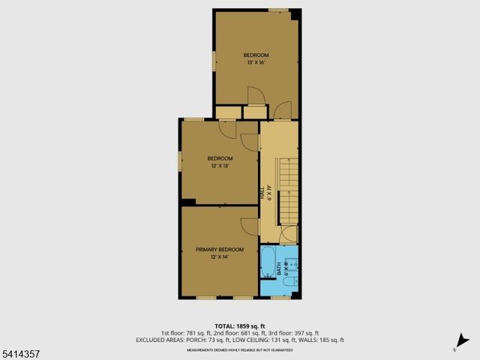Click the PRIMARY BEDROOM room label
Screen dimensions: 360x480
(220, 249)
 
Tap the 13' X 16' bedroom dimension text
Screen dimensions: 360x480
(256, 62)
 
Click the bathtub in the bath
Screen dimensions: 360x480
(268, 262)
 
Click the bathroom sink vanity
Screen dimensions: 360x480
(293, 262)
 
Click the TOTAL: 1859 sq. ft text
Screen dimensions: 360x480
(240, 326)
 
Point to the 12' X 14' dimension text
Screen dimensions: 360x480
(219, 256)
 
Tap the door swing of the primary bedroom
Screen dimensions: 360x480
(249, 226)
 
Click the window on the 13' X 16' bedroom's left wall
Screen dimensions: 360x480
(214, 61)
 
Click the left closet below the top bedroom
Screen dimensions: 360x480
(226, 112)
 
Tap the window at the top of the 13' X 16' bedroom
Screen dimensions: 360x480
(278, 10)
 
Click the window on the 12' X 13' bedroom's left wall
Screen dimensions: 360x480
(179, 161)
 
